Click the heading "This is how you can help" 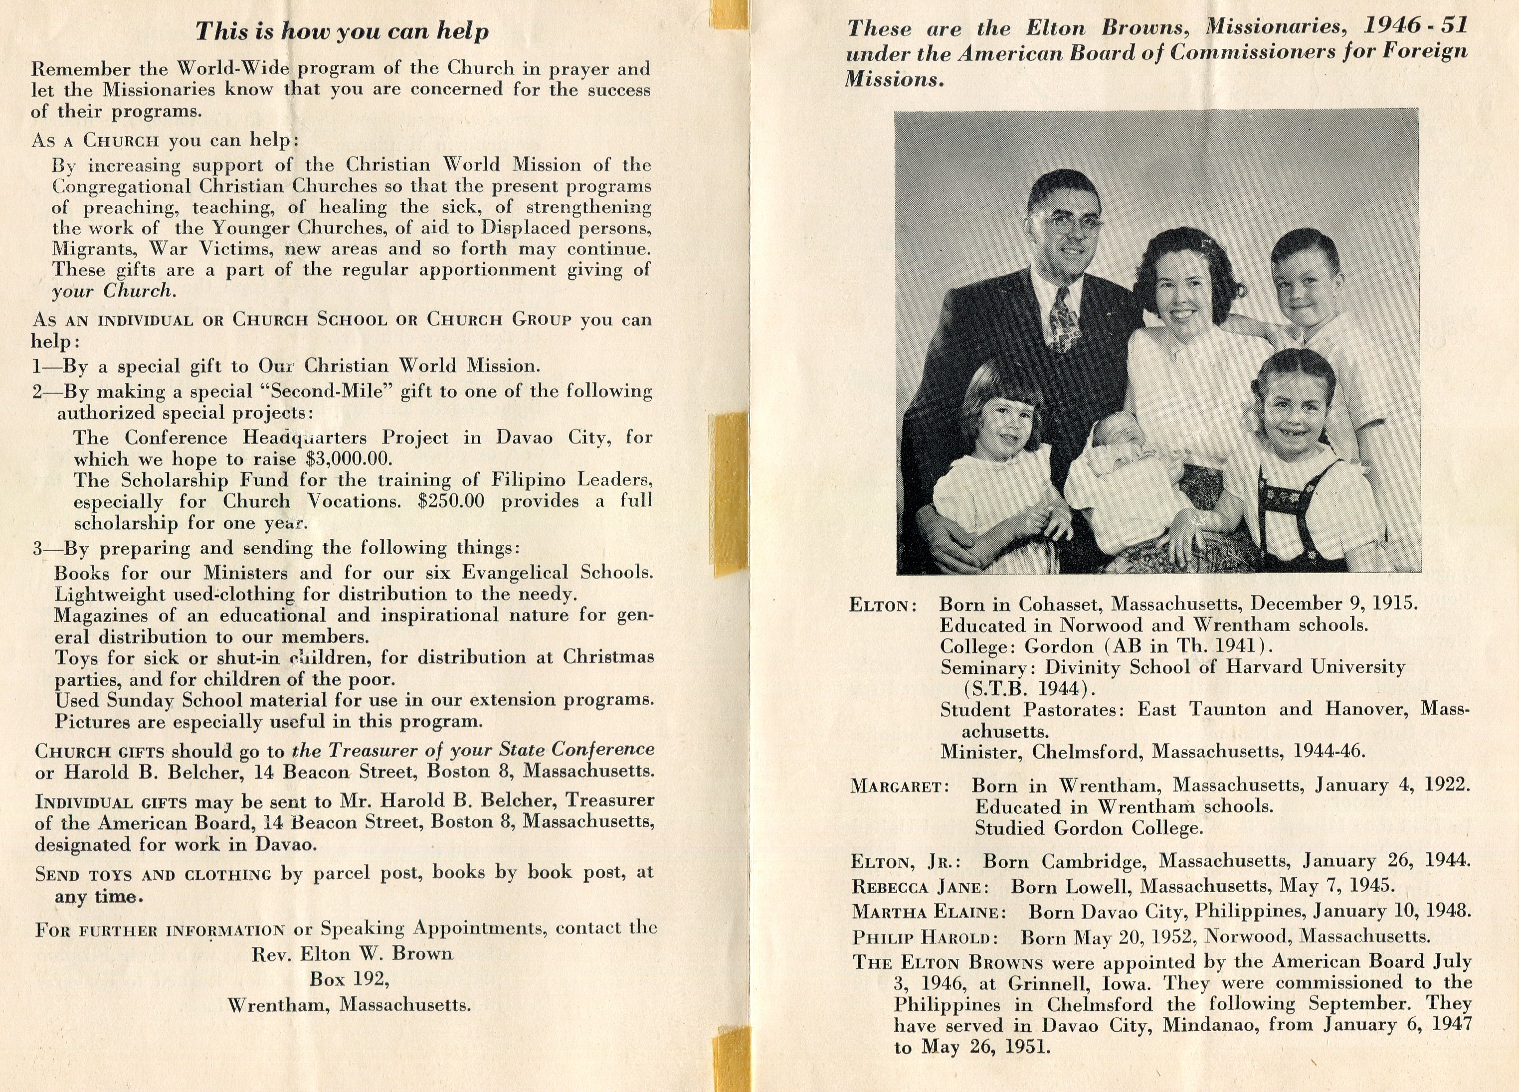click(342, 31)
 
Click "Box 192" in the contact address click(349, 979)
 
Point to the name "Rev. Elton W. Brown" click(352, 953)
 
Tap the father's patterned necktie click(1064, 319)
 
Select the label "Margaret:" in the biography click(900, 786)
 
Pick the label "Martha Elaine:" click(928, 912)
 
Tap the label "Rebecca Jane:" click(920, 887)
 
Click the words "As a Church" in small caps click(96, 141)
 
